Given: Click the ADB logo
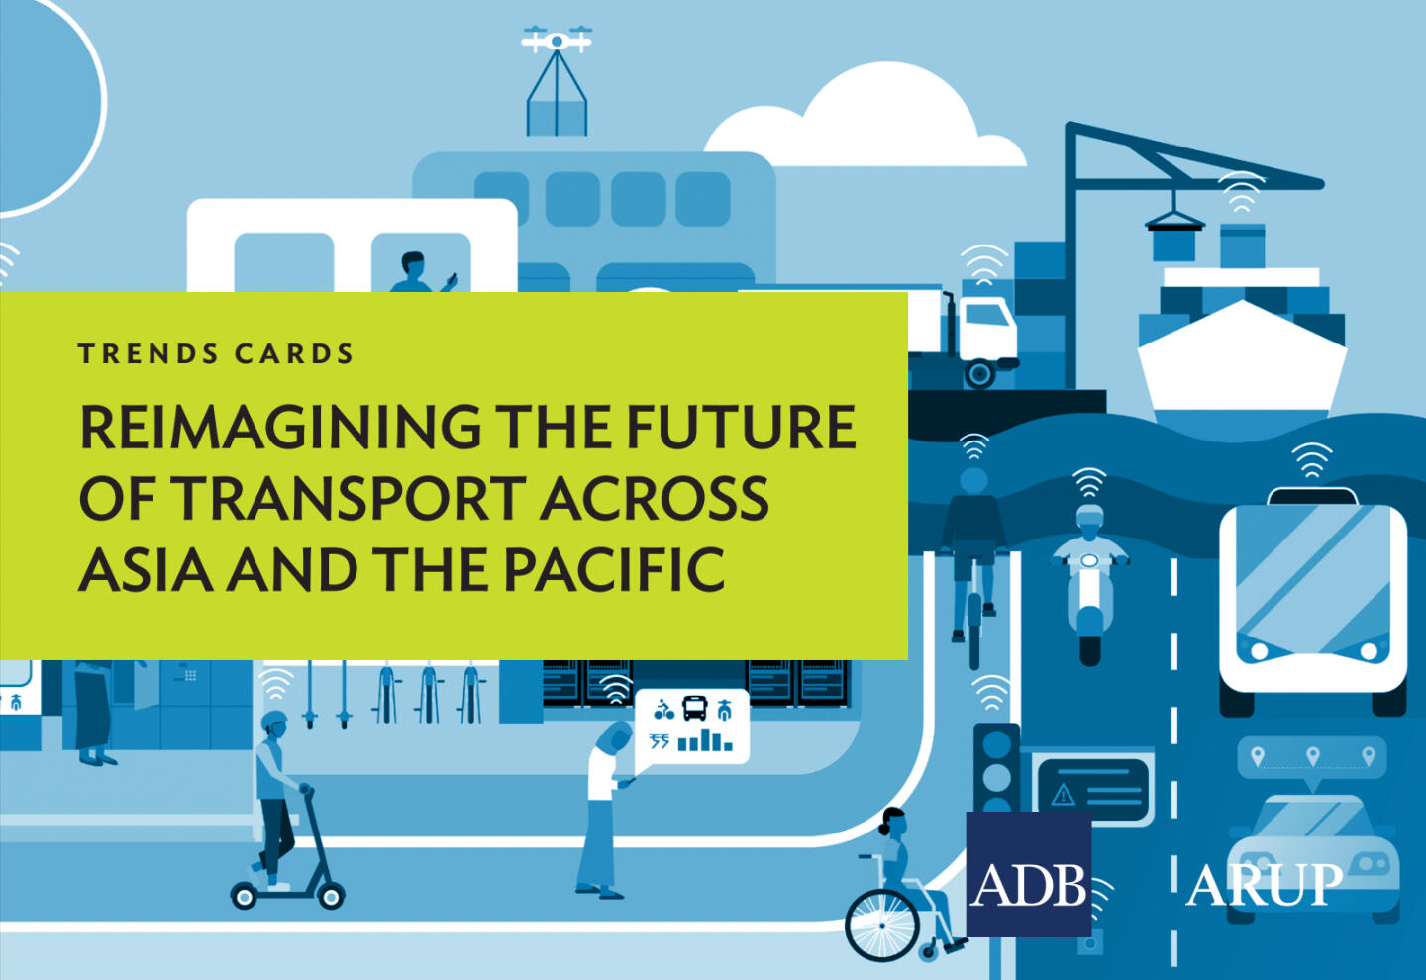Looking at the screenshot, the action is (x=1029, y=874).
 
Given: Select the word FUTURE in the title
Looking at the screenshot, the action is (x=742, y=427).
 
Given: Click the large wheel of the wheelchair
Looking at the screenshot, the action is (x=882, y=925).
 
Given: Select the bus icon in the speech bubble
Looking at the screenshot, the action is (x=694, y=708).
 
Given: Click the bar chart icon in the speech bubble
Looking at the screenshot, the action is (x=705, y=741).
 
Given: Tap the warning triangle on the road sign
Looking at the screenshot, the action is (x=1063, y=794).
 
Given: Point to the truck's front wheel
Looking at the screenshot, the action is (x=979, y=374).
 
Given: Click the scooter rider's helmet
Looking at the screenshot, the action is (x=274, y=721).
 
